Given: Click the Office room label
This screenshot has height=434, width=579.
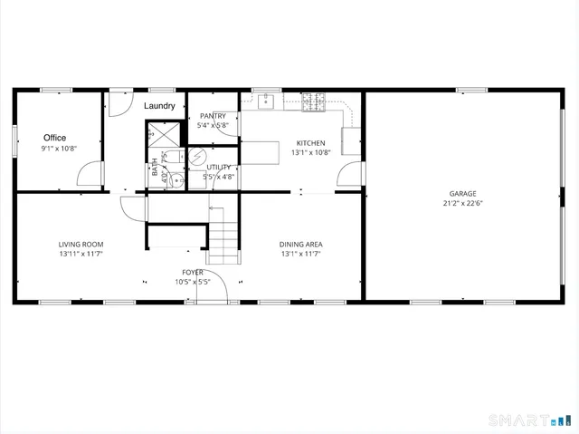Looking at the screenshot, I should click(54, 138).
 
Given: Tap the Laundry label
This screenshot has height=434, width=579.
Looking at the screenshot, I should click(160, 106).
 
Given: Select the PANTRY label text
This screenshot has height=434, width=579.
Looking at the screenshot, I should click(213, 116).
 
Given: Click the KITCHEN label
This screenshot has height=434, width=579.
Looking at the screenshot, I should click(310, 143).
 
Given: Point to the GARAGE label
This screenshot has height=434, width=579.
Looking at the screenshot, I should click(462, 194).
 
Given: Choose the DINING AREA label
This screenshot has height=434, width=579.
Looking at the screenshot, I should click(301, 244).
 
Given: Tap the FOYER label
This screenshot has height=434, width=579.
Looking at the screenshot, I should click(193, 272).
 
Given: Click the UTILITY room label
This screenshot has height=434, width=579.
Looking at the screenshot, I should click(219, 168).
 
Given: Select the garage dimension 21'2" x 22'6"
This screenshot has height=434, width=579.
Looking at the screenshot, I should click(462, 204).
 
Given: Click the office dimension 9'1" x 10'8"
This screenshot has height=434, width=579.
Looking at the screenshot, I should click(59, 149).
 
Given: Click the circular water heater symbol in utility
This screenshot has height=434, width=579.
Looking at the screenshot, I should click(196, 156).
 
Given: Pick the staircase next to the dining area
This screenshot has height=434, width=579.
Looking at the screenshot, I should click(226, 235).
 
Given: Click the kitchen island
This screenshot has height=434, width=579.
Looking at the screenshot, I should click(262, 151).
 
